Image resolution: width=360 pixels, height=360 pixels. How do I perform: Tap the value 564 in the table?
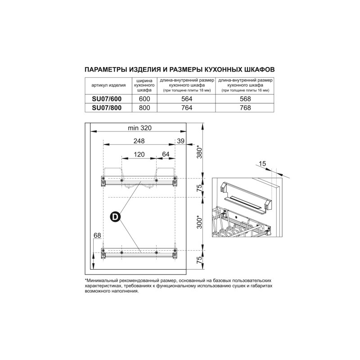(187, 99)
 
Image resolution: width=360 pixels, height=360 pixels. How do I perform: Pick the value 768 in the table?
(245, 108)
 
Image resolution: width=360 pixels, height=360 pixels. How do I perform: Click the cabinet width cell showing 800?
(144, 108)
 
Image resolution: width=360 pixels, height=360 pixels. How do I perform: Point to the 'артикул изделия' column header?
(108, 85)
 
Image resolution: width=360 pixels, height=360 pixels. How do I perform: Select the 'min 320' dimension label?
(139, 128)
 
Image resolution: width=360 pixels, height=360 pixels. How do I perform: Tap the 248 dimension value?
(139, 141)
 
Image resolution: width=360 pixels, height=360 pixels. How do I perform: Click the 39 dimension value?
(181, 141)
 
